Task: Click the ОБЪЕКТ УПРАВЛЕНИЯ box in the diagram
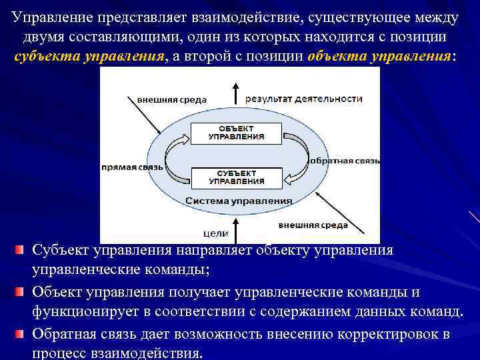coord(236,132)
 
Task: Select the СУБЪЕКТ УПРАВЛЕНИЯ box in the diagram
coord(236,176)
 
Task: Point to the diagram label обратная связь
coord(345,161)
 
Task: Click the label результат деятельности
coord(304,99)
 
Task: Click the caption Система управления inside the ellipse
coord(239,200)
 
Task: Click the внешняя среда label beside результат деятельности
coord(172,100)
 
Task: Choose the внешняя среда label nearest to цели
coord(313,225)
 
